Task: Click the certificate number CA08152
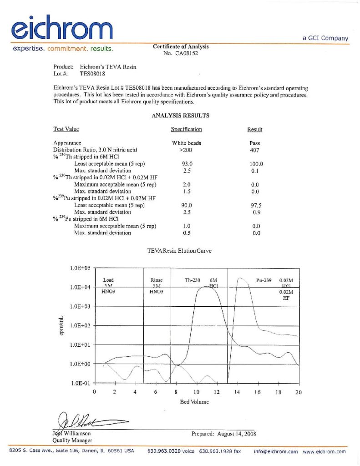185,53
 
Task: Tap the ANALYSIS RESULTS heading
180,116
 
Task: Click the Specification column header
186,130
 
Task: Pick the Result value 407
255,150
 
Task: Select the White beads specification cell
187,143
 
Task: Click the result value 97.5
256,205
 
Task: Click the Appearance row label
67,143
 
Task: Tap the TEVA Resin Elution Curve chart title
180,250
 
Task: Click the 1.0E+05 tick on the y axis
80,268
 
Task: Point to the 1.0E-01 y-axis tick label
81,383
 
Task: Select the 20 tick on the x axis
298,392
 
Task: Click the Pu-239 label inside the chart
264,281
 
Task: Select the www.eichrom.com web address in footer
325,451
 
